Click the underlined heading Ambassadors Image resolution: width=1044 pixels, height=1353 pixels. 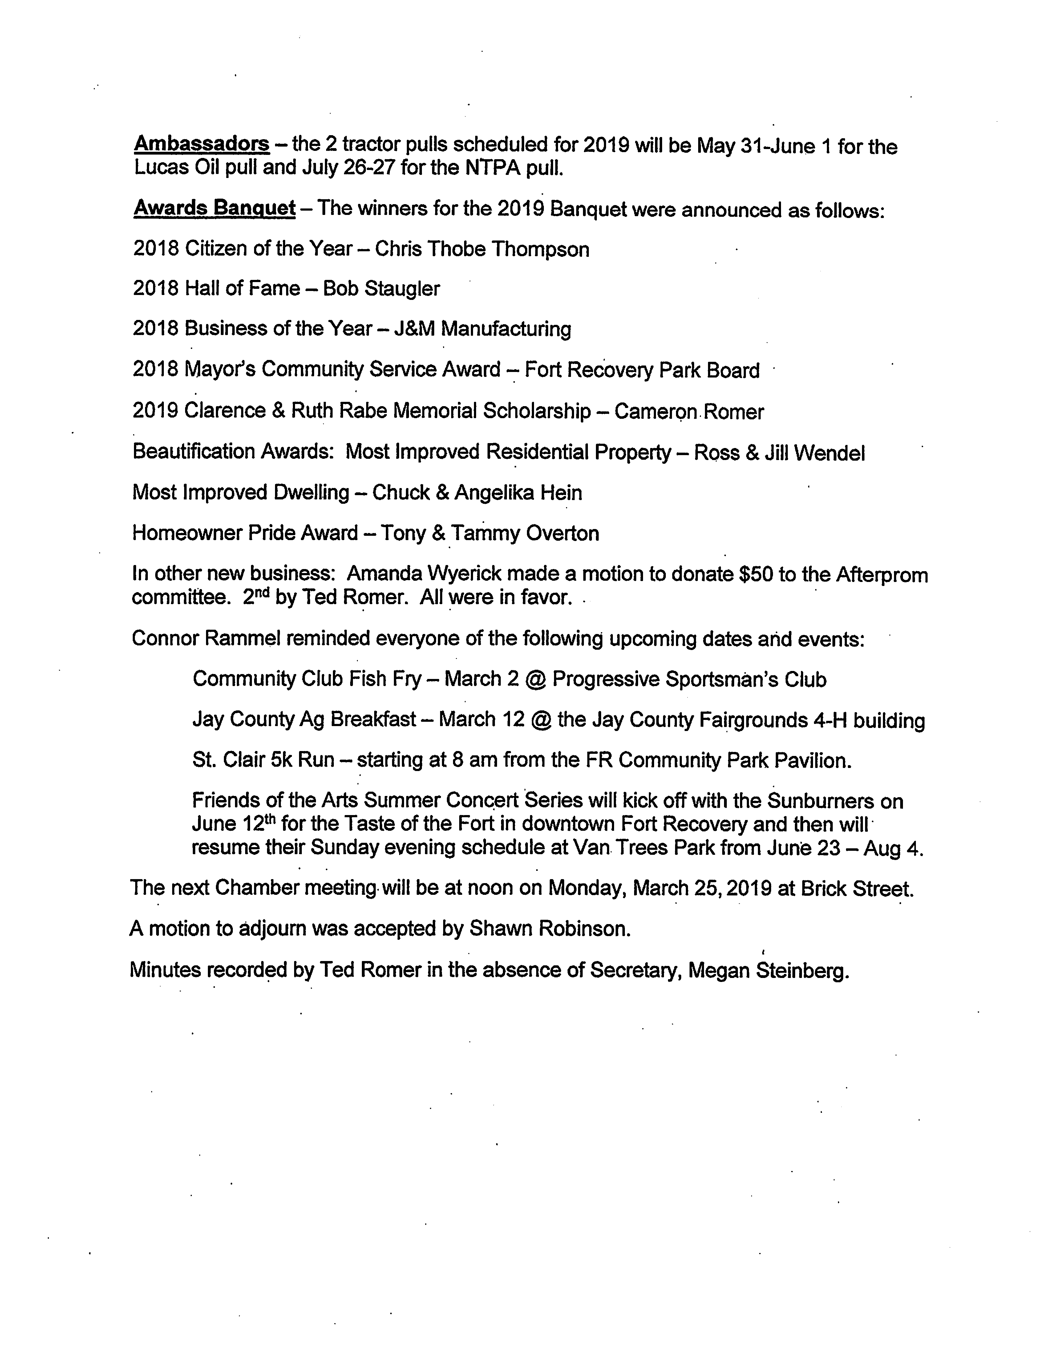pyautogui.click(x=201, y=144)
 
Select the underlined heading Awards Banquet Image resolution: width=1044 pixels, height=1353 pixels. pyautogui.click(x=214, y=208)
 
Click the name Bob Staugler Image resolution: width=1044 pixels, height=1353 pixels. pyautogui.click(x=381, y=289)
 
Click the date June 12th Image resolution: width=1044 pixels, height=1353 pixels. pyautogui.click(x=234, y=824)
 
